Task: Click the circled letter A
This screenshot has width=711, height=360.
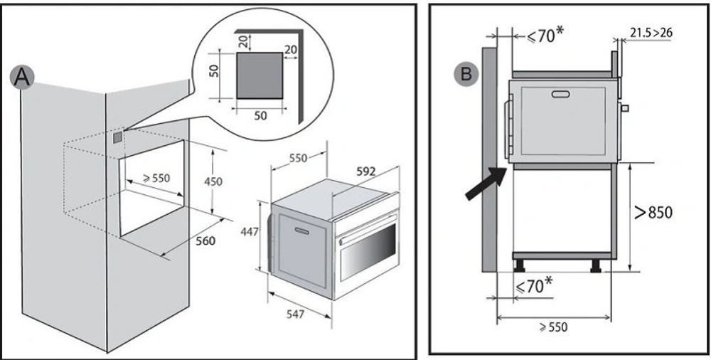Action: pos(22,77)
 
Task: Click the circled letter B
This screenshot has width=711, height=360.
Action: pos(466,75)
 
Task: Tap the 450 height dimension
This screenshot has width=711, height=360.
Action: pos(213,181)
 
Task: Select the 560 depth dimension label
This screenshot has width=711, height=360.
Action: pos(205,241)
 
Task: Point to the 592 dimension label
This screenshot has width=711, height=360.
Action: pos(366,171)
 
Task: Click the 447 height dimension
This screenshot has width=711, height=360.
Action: pos(250,232)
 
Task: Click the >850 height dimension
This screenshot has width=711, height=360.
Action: pos(653,212)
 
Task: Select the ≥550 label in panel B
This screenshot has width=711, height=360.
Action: pos(553,327)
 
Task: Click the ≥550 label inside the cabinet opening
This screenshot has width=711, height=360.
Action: pos(156,178)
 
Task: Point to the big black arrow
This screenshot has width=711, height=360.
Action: pos(486,183)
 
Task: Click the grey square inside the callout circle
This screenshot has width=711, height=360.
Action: pos(260,75)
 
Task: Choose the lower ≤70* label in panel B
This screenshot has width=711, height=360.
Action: pos(534,285)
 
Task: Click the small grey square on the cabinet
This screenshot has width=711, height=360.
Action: pos(117,137)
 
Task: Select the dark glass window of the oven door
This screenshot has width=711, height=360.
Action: pos(368,251)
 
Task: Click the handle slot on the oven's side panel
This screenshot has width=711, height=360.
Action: pos(302,231)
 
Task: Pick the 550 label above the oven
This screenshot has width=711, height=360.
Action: pos(299,158)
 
